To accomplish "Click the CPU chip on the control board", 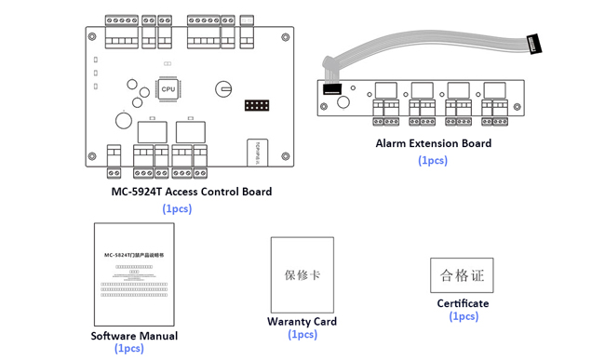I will [168, 89].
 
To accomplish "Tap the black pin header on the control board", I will [257, 104].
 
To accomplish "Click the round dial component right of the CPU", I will [223, 89].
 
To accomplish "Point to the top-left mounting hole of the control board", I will [92, 37].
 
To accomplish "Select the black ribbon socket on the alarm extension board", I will [333, 90].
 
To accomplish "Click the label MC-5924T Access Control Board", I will [191, 192].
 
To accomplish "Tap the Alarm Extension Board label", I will [433, 143].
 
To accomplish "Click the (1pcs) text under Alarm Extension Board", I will [433, 160].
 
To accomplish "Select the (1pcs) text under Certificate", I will [464, 316].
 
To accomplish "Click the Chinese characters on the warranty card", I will [302, 275].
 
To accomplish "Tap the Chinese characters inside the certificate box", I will [463, 275].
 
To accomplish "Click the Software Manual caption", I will [134, 336].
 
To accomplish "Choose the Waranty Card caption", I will [302, 322].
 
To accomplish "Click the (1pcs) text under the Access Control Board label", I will [177, 208].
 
